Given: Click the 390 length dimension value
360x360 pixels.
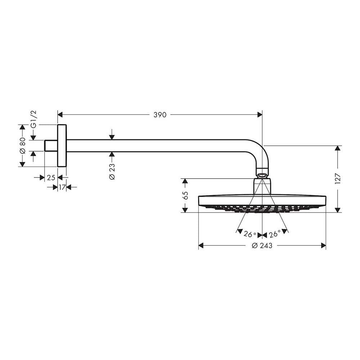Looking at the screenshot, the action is click(x=160, y=115).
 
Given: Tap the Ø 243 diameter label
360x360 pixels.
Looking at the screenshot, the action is click(x=262, y=246).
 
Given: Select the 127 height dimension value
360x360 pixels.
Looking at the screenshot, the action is click(x=338, y=179).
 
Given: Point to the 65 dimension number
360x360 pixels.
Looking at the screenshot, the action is click(x=185, y=195).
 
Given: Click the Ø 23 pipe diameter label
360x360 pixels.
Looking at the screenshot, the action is click(x=112, y=172).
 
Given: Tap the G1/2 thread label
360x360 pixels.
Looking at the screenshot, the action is click(x=33, y=119).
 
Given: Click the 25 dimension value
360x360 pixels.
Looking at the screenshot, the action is click(x=51, y=178).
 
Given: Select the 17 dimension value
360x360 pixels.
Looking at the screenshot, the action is click(x=62, y=187).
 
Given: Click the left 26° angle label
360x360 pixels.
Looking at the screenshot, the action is click(x=250, y=234).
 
